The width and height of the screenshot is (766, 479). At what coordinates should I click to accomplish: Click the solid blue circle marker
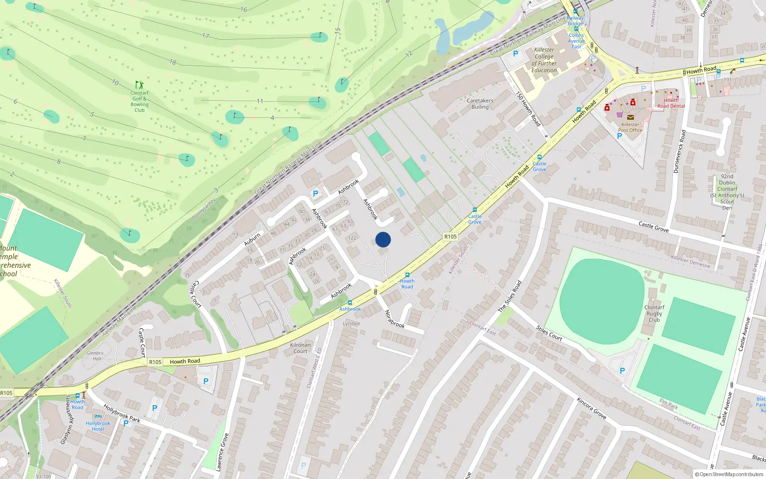pos(383,239)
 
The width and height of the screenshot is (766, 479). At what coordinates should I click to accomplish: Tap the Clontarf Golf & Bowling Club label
pos(139,102)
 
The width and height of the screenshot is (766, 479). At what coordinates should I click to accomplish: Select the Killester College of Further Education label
pos(544,60)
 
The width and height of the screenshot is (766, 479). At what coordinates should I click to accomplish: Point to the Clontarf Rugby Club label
pos(654,314)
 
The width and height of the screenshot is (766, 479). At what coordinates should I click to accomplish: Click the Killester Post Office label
pos(630,127)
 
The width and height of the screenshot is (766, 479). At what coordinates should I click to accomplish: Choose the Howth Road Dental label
pos(671,103)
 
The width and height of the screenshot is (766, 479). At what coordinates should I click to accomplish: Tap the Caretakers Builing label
pos(480,104)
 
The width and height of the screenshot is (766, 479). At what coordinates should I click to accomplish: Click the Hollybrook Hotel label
pos(98,426)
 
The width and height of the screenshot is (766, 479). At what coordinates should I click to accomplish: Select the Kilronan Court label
pos(300,348)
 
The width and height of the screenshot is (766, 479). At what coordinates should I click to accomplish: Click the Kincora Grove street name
pos(591,409)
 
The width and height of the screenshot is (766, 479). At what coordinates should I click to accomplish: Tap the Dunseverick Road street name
pos(679,151)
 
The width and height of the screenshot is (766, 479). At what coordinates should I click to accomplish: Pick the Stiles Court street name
pos(549,333)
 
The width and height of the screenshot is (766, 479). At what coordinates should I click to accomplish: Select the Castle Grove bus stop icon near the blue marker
pos(474,210)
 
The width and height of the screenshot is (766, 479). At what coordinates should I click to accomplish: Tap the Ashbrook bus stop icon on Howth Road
pos(350,303)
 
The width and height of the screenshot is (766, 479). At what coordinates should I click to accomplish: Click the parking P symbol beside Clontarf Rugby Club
pos(622,371)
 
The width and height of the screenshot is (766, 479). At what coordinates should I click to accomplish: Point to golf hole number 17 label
pos(205,36)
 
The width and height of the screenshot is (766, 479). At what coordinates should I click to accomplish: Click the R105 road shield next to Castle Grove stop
pos(450,237)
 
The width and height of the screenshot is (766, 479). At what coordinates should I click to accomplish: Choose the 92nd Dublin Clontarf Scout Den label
pos(727,192)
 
